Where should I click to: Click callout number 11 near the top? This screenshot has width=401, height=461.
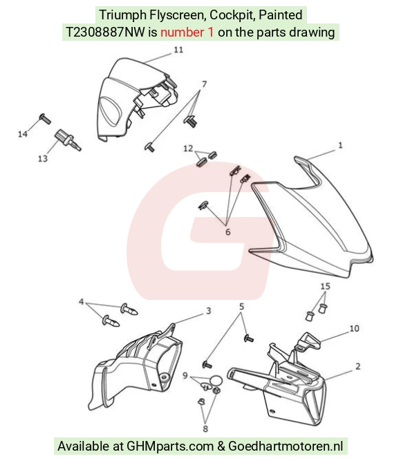[178, 50]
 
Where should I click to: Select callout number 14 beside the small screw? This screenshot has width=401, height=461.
[23, 134]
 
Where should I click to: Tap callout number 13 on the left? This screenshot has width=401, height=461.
[43, 159]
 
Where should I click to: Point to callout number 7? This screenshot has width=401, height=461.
[204, 84]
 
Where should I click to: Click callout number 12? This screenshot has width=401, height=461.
[188, 149]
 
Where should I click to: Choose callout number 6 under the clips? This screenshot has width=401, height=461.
[227, 232]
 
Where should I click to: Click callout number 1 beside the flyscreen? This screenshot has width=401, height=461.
[340, 145]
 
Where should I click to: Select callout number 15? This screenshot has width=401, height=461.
[325, 286]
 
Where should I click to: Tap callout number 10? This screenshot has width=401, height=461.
[354, 328]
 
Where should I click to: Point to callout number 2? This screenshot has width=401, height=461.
[357, 366]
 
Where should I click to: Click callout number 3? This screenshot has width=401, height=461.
[208, 311]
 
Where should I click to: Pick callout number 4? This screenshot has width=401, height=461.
[82, 302]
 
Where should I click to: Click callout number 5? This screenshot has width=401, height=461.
[241, 307]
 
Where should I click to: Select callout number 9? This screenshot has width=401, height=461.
[185, 375]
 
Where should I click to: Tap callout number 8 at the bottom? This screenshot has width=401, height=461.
[205, 429]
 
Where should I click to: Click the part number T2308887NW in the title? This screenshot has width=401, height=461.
[105, 32]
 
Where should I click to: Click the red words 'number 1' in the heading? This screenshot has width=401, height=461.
[187, 32]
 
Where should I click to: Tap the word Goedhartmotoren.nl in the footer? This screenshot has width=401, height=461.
[286, 446]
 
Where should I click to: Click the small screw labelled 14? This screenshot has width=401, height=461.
[45, 118]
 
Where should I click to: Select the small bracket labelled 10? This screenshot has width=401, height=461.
[308, 341]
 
